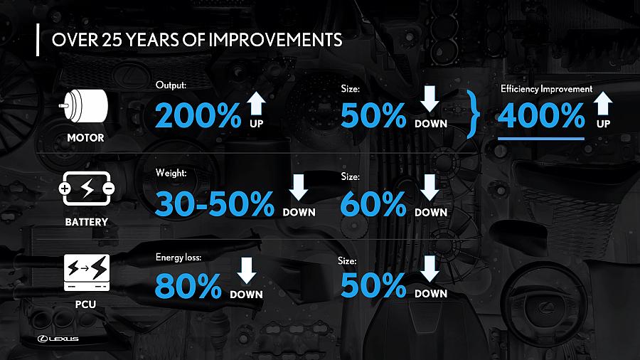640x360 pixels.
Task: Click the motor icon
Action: pos(85,106)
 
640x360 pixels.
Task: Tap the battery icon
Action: pos(87,188)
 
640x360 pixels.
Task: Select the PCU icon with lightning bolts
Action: pos(87,272)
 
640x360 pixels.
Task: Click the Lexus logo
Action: pos(58,339)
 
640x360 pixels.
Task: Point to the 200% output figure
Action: pos(198,115)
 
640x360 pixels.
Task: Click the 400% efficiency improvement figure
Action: pos(541,115)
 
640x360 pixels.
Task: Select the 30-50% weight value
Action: pos(215,203)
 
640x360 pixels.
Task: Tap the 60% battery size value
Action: pos(373,203)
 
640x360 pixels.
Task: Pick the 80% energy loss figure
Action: pos(188,285)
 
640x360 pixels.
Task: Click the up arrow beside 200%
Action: pos(256,103)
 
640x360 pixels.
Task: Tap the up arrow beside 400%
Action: pos(603,103)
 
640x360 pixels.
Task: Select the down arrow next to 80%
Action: pos(247,270)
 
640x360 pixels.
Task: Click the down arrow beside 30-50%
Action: pos(299,187)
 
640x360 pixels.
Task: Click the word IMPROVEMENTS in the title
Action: pos(275,40)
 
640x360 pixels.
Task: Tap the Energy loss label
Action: pos(178,257)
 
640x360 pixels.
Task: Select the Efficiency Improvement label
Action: pos(547,89)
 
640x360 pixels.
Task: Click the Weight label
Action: pos(171,173)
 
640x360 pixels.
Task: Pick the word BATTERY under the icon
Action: pos(87,222)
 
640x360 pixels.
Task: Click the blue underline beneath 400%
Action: pos(541,139)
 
